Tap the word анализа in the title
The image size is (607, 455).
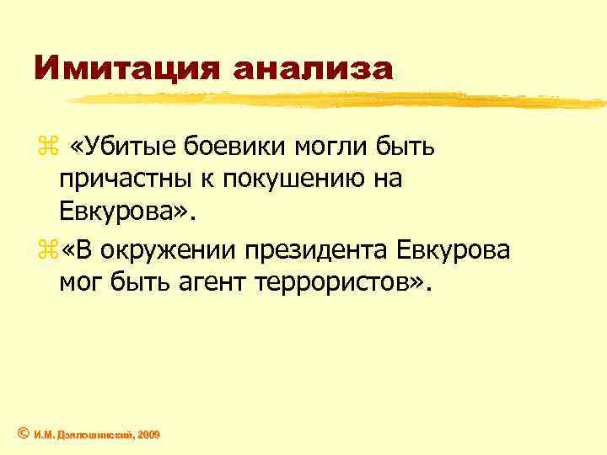tap(314, 68)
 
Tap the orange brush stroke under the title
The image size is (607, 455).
tap(337, 99)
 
